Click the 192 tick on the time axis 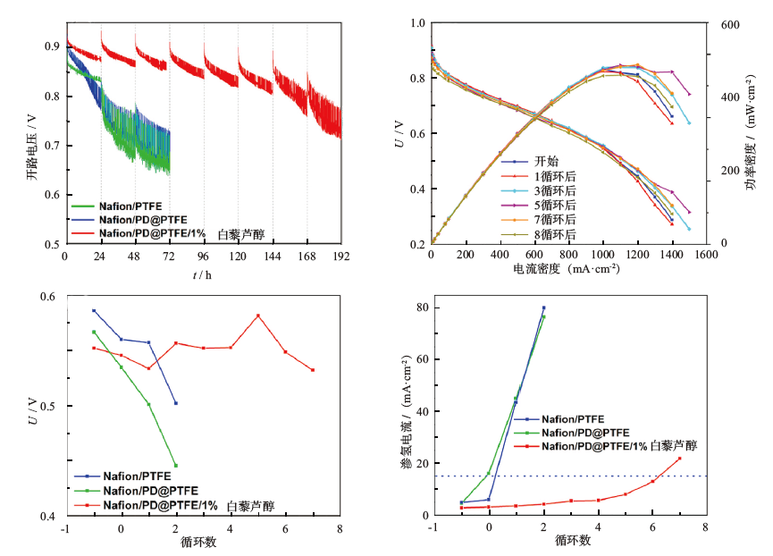(x=340, y=256)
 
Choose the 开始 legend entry (x=547, y=162)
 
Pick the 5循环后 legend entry (x=555, y=205)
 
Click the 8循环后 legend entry (x=555, y=234)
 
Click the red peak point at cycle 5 (x=258, y=316)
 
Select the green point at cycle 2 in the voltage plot (x=175, y=465)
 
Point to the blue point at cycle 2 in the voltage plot (x=176, y=403)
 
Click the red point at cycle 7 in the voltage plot (x=313, y=370)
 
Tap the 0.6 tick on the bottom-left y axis (x=45, y=297)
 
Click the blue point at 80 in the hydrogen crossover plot (x=543, y=307)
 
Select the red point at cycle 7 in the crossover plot (x=679, y=459)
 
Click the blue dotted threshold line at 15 (x=581, y=476)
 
